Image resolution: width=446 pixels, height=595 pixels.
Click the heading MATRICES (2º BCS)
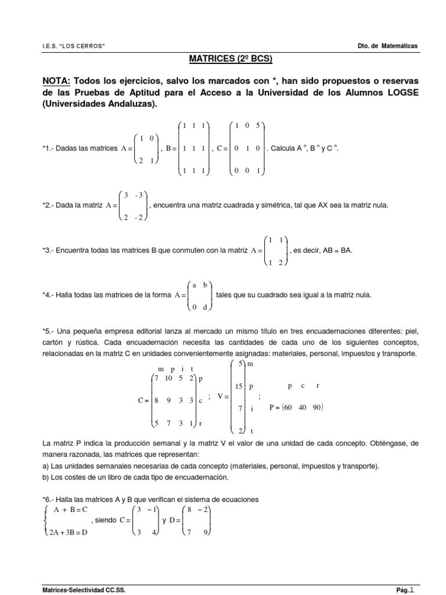point(222,59)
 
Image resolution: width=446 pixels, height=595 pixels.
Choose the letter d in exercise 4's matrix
point(204,307)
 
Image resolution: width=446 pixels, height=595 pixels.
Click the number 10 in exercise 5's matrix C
point(169,378)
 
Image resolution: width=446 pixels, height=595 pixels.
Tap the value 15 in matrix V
point(239,386)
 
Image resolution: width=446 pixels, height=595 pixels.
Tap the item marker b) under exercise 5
point(47,477)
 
